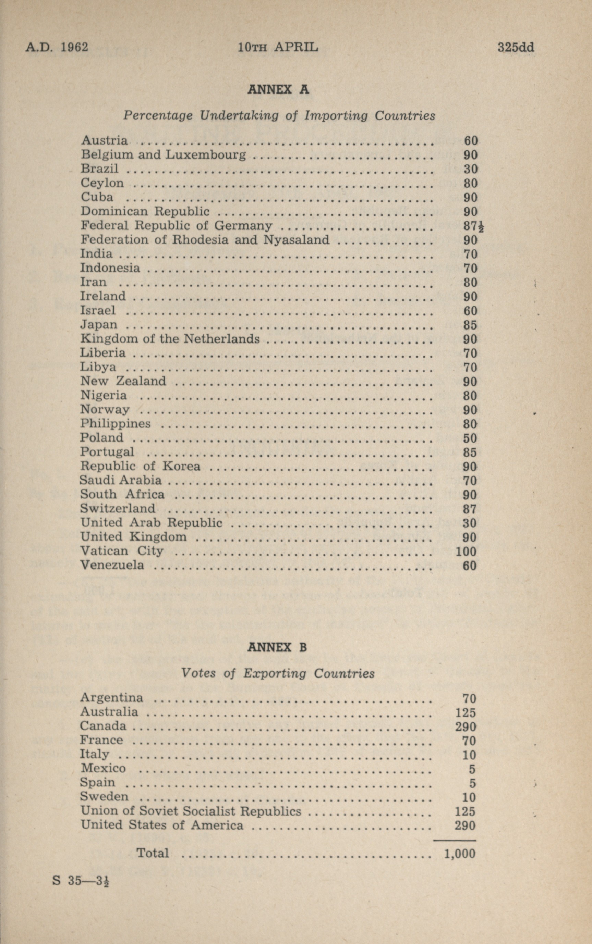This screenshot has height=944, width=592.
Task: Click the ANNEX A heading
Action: click(278, 90)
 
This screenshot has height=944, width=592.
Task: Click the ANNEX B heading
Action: click(277, 647)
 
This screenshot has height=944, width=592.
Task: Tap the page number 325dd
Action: click(516, 47)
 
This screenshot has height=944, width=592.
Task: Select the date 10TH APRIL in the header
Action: click(278, 47)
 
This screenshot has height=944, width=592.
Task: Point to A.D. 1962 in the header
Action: click(57, 47)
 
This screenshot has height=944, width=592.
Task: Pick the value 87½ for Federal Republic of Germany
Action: click(473, 226)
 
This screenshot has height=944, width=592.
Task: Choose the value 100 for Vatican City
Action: click(466, 551)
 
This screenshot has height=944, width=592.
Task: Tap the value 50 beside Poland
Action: click(470, 438)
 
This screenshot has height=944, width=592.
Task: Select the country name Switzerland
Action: click(118, 508)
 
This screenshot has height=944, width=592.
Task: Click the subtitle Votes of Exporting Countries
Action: click(278, 673)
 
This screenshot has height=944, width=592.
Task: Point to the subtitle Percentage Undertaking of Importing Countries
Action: click(279, 115)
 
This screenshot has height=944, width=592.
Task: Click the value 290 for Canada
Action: click(466, 726)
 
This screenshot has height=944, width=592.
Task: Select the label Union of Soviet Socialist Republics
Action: click(191, 811)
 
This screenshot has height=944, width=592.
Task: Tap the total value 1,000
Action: click(460, 853)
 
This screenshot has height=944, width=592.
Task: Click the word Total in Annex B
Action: click(153, 853)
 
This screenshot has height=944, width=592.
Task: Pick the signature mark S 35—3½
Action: click(81, 881)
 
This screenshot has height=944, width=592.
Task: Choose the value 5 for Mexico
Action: click(472, 769)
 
